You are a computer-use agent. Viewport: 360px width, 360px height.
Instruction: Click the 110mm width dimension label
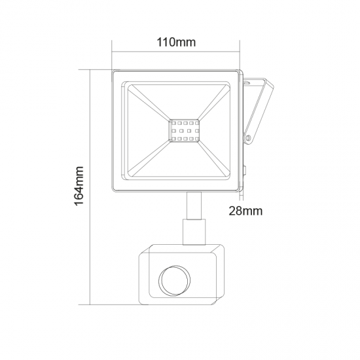177,43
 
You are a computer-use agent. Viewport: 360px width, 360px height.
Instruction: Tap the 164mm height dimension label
79,186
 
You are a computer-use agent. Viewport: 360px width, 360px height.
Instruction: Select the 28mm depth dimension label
246,211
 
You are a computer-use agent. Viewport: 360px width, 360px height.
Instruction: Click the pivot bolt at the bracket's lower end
249,138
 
